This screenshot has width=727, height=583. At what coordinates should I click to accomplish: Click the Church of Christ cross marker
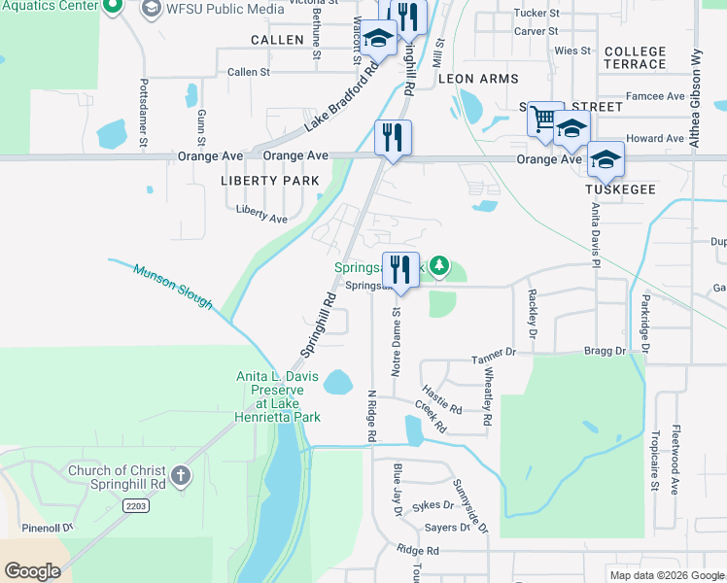179,476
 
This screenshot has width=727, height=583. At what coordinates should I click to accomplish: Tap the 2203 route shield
136,505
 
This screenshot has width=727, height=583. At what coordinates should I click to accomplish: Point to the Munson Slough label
173,288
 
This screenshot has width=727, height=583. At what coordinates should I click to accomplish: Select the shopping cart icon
544,119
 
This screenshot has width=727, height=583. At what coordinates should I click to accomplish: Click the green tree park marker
440,264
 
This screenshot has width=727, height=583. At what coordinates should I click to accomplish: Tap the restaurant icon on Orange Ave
393,137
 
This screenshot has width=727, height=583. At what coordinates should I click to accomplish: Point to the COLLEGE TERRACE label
635,57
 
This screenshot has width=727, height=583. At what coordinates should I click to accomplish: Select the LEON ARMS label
478,78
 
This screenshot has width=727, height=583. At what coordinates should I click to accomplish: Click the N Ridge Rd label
371,416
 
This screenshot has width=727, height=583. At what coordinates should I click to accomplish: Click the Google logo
32,571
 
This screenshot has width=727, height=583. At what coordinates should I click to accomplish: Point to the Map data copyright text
666,575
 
